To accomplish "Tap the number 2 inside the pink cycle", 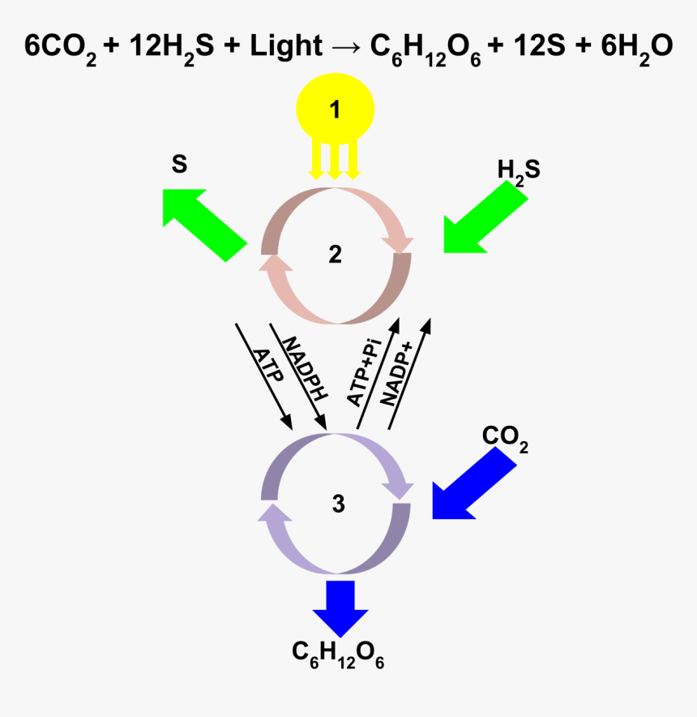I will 336,255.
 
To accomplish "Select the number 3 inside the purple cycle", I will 338,504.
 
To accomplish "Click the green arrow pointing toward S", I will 203,223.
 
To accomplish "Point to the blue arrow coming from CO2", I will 473,486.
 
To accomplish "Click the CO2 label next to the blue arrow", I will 505,438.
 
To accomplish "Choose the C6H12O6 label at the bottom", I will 338,654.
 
